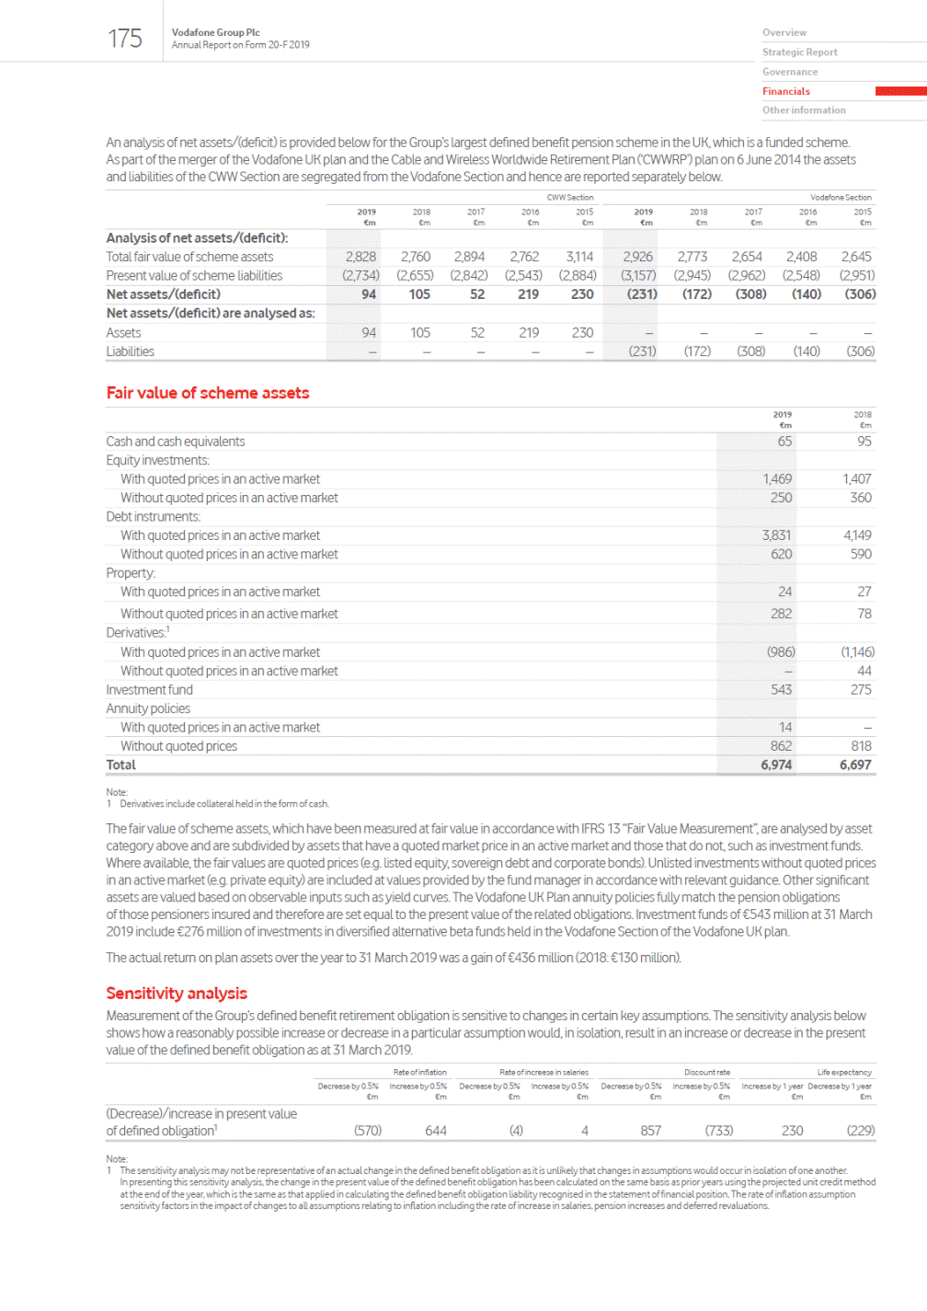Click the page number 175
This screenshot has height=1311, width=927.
point(125,39)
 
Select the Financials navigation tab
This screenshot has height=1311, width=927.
point(785,91)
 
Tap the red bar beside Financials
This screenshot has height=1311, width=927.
point(900,91)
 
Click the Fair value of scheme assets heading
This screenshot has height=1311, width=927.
point(208,393)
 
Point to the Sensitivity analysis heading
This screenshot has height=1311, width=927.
point(177,994)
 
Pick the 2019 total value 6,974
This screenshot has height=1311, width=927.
point(776,765)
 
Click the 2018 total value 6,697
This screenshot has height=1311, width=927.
point(855,765)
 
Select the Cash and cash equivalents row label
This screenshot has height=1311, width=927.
point(176,442)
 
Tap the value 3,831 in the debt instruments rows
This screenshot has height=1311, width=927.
point(776,535)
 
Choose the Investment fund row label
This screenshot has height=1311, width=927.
point(149,690)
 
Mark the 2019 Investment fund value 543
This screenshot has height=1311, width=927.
point(781,690)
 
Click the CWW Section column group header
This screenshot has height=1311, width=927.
point(570,198)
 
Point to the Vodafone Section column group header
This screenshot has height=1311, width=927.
point(841,198)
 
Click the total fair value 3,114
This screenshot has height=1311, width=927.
point(579,257)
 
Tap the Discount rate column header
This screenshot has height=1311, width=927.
point(707,1073)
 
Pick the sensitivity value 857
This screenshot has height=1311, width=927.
point(651,1131)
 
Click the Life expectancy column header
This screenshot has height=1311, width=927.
point(844,1073)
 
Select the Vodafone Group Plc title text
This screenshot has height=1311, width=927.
point(215,32)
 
